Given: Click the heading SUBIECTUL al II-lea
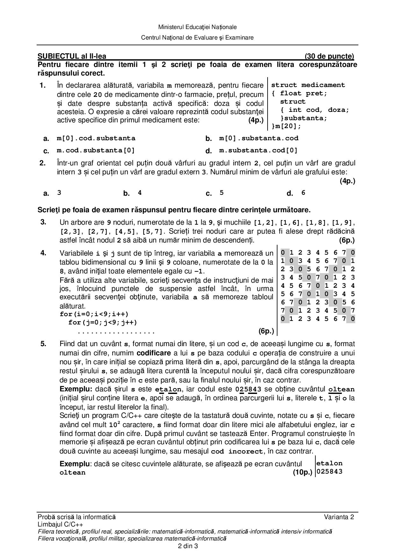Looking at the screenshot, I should click(x=72, y=56).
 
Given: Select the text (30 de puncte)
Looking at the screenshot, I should click(x=329, y=56).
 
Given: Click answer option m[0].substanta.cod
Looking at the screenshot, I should click(x=259, y=138).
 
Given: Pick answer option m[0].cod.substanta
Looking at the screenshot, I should click(x=96, y=138).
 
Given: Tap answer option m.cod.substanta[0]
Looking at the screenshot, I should click(x=96, y=150).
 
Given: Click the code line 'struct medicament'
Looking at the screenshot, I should click(x=308, y=85).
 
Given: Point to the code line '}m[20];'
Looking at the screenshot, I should click(x=286, y=126).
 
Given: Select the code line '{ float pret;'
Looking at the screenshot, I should click(x=299, y=93).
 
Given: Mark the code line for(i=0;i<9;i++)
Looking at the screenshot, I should click(x=94, y=314).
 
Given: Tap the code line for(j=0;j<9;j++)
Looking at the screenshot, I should click(x=103, y=323).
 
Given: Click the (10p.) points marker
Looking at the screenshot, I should click(x=302, y=472).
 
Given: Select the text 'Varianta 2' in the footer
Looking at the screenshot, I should click(x=339, y=517).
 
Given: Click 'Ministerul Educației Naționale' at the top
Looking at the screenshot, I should click(x=197, y=27).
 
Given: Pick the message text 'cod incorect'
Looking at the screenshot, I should click(x=238, y=451).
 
